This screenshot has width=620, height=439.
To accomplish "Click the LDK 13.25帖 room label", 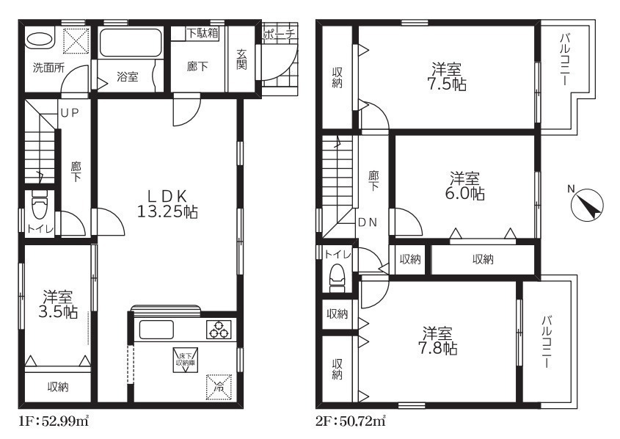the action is click(x=167, y=204).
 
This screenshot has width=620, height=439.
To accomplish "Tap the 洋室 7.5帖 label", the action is click(x=448, y=77).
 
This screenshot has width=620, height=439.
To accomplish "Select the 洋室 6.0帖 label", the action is click(x=466, y=186).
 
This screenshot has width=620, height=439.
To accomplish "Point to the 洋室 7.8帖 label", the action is click(x=439, y=341).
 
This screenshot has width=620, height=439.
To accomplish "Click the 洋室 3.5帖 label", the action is click(x=59, y=305).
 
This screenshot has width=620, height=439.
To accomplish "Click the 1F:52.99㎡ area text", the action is click(x=54, y=421).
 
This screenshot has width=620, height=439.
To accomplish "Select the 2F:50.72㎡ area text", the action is click(x=350, y=421).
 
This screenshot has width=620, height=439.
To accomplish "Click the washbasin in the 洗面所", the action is click(x=40, y=40).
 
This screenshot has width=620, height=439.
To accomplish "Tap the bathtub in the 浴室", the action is click(x=131, y=43).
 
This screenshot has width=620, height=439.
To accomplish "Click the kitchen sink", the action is click(x=156, y=330).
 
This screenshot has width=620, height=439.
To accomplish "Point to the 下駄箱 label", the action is click(x=202, y=33).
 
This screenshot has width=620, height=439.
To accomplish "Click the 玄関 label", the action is click(x=241, y=59).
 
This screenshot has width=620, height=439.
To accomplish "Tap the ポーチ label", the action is click(x=279, y=35).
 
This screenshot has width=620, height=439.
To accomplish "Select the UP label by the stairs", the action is click(x=70, y=113).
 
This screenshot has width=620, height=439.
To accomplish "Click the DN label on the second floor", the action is click(x=368, y=222).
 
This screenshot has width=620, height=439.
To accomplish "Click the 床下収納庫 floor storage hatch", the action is click(x=185, y=359).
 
